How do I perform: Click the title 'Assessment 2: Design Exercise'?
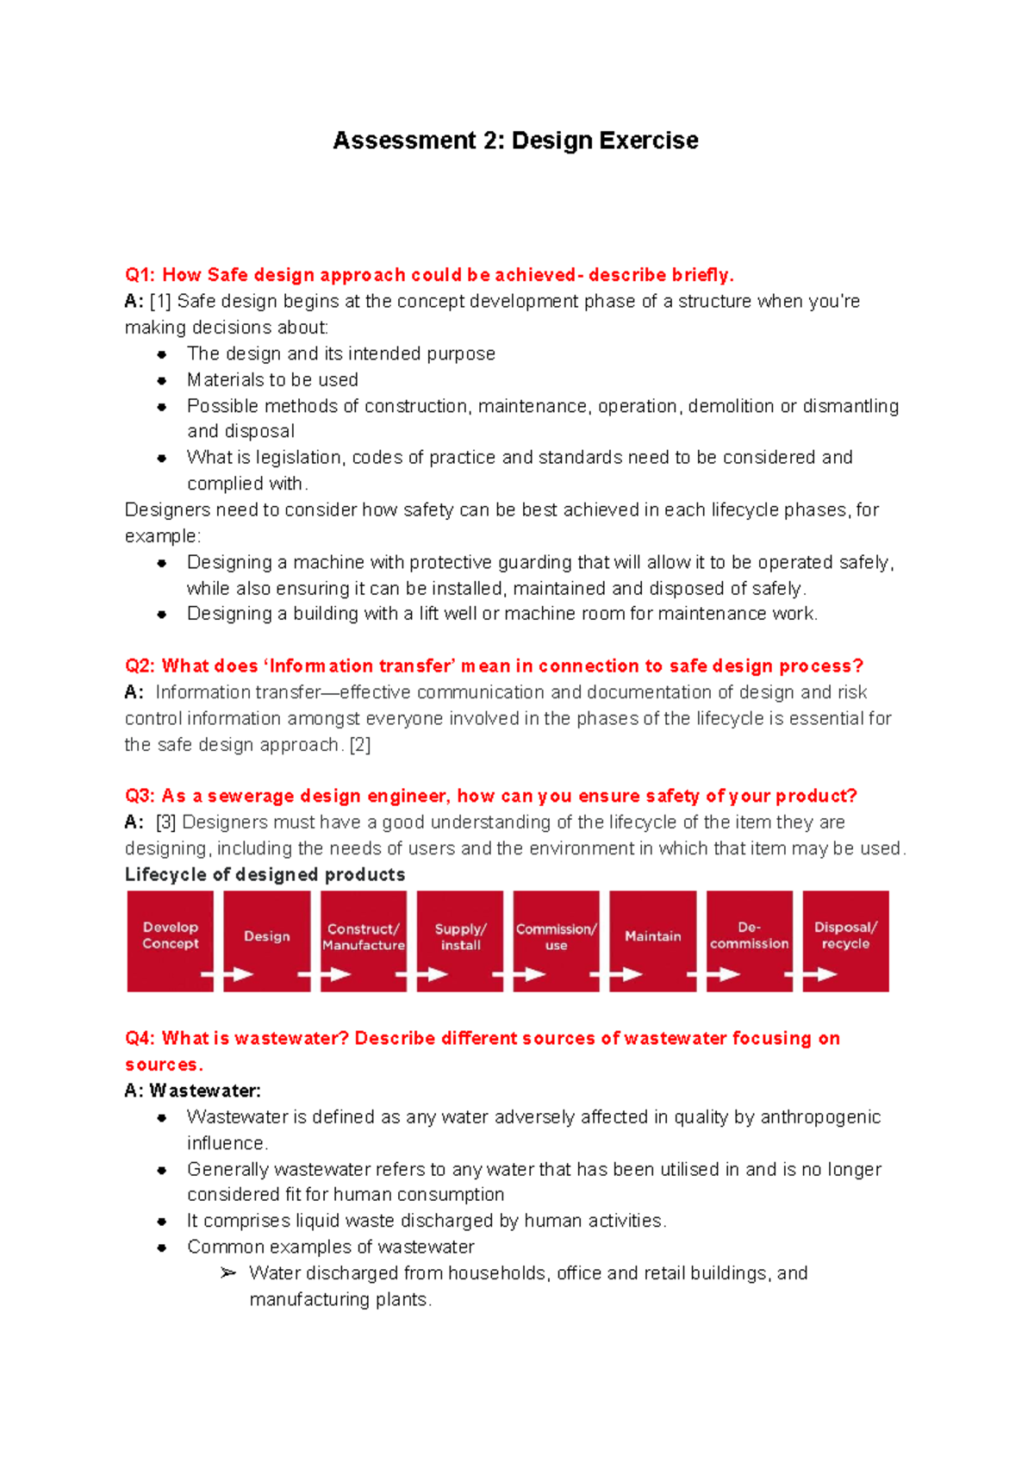pos(515,141)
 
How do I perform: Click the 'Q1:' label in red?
pos(140,275)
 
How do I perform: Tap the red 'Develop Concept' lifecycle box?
pos(171,940)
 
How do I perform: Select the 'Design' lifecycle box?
pos(267,940)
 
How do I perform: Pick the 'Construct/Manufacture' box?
pos(364,940)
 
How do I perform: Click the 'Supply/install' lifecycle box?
pos(460,940)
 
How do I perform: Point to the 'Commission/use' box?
pos(557,940)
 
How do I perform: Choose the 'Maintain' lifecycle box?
pos(652,940)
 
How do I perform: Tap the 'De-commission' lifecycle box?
pos(749,940)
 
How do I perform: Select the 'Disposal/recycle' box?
pos(845,940)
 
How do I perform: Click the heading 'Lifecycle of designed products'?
pos(265,874)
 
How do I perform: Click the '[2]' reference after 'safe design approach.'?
pos(360,745)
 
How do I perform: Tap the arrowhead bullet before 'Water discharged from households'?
pos(227,1273)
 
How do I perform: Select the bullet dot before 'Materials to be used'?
pos(162,380)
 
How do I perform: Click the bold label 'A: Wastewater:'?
pos(192,1091)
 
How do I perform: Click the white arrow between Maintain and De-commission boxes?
pos(709,975)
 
